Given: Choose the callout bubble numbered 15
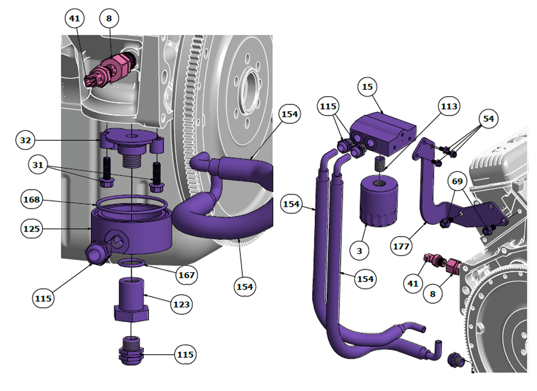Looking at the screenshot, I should point(367,87).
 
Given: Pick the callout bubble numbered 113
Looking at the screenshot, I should point(449,106).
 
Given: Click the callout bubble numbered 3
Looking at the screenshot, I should point(360,251).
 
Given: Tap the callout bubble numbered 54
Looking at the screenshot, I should point(488,119).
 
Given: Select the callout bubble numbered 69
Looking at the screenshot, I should point(457,182).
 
